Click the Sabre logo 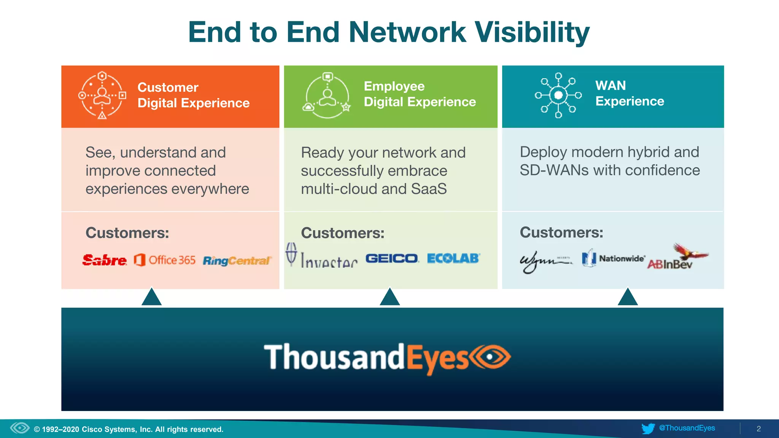[x=104, y=260]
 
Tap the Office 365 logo [x=164, y=260]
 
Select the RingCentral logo [x=237, y=261]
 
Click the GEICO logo [x=392, y=259]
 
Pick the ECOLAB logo [x=453, y=259]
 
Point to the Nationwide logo [x=613, y=259]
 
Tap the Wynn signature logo [x=545, y=261]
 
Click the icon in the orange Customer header [x=102, y=95]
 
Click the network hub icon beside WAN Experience [x=558, y=95]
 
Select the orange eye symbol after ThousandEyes [x=490, y=357]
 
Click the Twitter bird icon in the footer [x=648, y=428]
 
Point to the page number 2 [x=758, y=429]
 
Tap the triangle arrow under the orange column [x=151, y=297]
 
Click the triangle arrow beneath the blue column [x=628, y=297]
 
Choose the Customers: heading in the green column [x=342, y=233]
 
